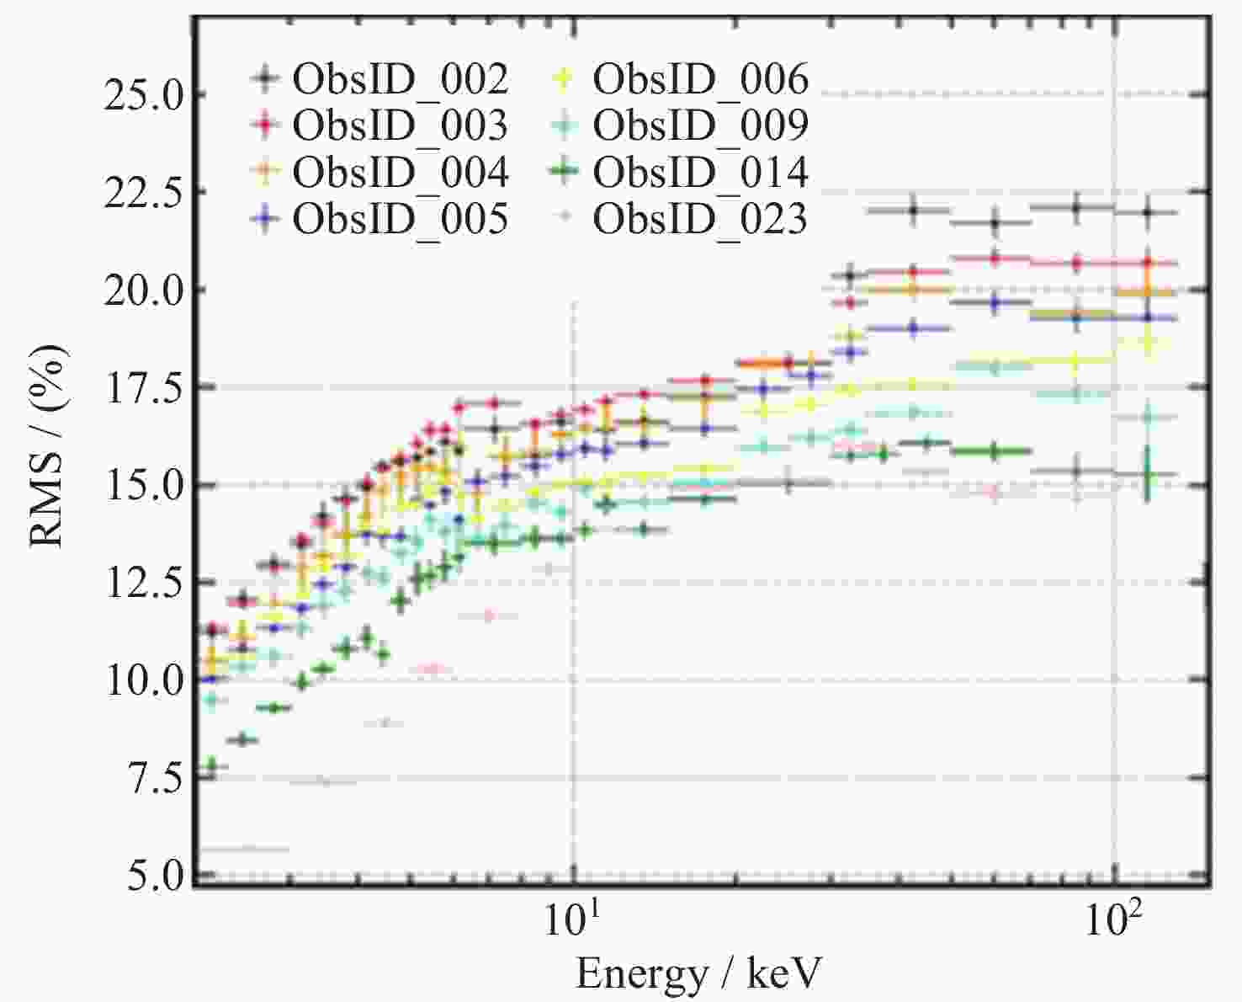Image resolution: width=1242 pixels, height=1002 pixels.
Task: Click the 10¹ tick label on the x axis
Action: (x=572, y=919)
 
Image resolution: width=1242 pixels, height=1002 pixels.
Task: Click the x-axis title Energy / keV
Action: (x=698, y=973)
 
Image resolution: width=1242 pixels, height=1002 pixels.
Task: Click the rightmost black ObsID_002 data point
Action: (x=1148, y=212)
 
